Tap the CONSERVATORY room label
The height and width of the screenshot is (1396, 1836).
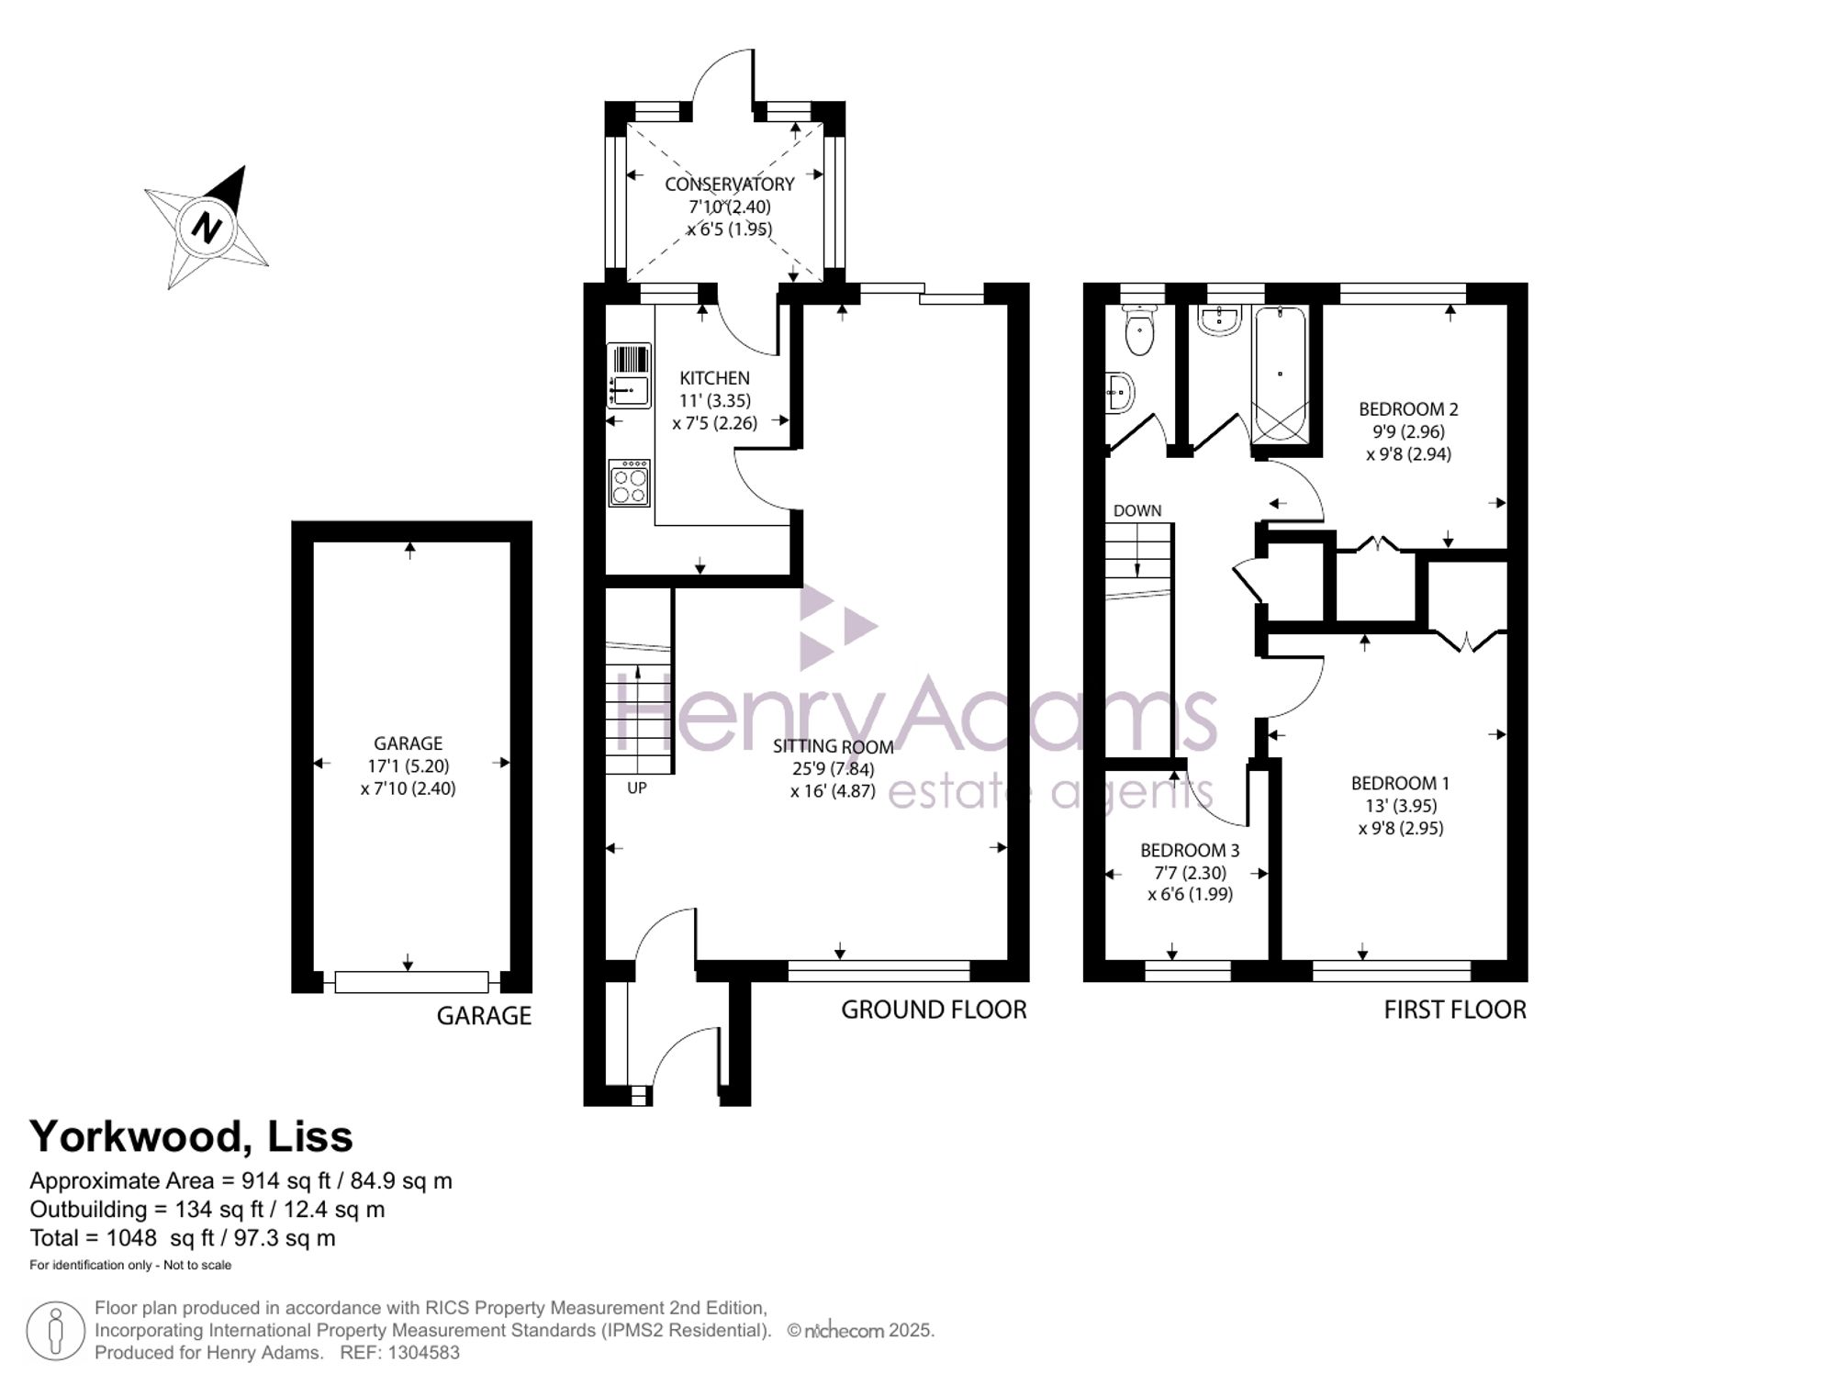click(730, 184)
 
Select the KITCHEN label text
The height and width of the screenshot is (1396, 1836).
click(714, 378)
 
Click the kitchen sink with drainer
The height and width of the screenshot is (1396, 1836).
click(629, 375)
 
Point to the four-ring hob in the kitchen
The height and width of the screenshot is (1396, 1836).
click(630, 483)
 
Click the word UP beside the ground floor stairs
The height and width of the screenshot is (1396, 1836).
click(637, 787)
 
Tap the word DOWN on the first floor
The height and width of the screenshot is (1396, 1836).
click(1137, 510)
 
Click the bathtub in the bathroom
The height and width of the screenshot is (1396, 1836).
click(1280, 375)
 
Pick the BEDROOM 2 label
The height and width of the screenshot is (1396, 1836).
click(1408, 409)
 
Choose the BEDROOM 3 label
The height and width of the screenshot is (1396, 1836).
click(1190, 851)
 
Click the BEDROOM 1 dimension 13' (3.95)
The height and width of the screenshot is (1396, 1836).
click(1400, 806)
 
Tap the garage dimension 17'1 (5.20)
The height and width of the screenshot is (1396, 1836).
click(409, 765)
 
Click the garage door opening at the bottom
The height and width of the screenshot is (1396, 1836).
click(411, 982)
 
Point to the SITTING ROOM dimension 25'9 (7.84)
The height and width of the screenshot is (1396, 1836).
click(834, 769)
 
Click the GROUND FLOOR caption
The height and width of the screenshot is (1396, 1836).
click(934, 1010)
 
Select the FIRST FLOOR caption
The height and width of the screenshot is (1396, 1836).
click(1455, 1010)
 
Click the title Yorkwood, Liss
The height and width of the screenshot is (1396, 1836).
click(191, 1137)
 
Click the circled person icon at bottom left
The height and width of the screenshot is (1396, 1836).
click(56, 1331)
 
